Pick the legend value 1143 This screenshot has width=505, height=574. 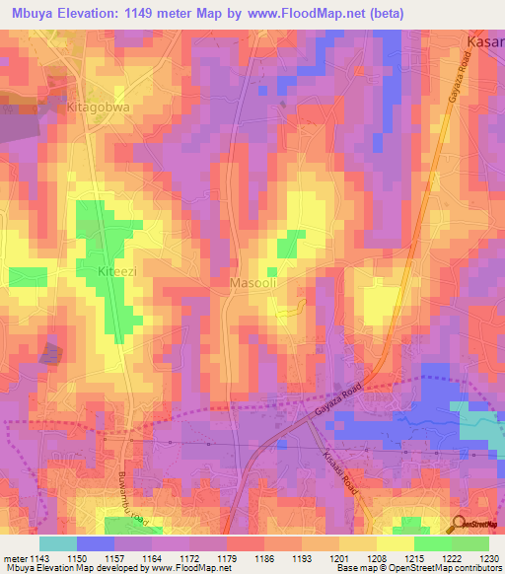39,559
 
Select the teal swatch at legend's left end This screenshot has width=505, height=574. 57,543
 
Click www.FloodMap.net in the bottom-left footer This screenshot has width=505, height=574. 183,569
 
